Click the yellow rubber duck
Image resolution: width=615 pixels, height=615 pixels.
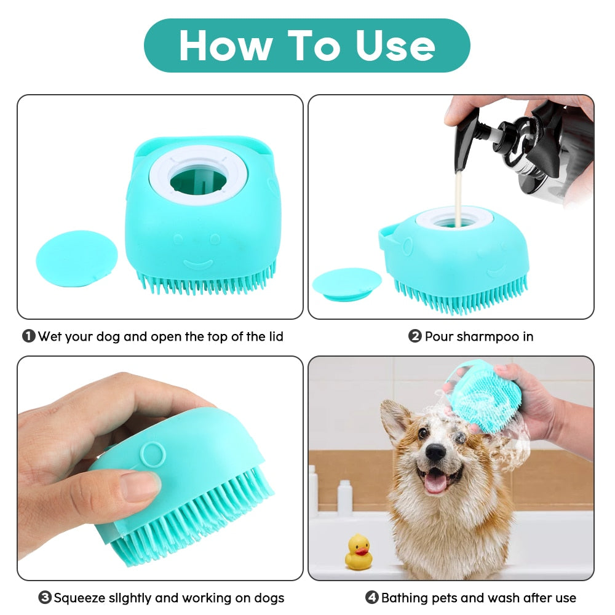(x=359, y=552)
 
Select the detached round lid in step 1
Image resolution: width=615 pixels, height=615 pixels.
(x=77, y=258)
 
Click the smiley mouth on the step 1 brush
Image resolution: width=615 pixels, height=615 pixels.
(x=198, y=264)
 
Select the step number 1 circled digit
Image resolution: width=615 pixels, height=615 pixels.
(x=28, y=336)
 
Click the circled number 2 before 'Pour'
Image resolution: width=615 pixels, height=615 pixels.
(x=415, y=336)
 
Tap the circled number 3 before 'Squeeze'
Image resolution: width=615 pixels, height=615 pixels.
(x=45, y=597)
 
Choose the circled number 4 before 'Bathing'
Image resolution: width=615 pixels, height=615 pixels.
(x=372, y=597)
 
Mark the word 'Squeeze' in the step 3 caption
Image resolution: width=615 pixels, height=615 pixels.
(x=79, y=597)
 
